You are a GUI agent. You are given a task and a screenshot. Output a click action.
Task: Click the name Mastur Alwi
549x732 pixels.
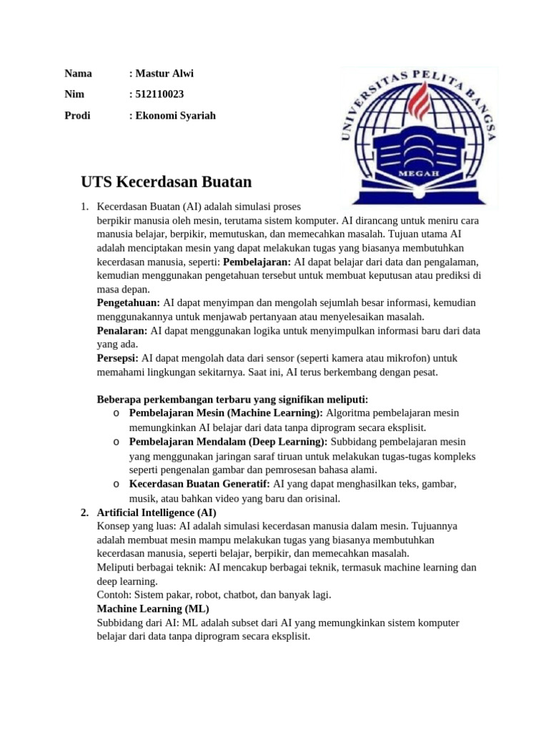pyautogui.click(x=164, y=74)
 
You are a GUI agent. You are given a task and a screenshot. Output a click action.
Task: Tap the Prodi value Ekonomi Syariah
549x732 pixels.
pyautogui.click(x=175, y=115)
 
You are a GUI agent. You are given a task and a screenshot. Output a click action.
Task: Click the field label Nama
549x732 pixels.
pyautogui.click(x=78, y=74)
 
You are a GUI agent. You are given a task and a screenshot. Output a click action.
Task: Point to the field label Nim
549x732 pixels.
pyautogui.click(x=74, y=94)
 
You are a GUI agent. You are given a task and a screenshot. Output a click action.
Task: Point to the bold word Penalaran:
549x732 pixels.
pyautogui.click(x=122, y=331)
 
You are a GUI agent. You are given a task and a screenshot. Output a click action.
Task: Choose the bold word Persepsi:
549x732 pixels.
pyautogui.click(x=118, y=358)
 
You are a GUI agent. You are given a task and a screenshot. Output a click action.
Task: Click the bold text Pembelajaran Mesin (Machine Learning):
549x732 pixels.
pyautogui.click(x=226, y=413)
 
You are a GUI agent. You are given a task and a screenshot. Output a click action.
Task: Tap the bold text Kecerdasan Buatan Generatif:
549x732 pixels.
pyautogui.click(x=199, y=484)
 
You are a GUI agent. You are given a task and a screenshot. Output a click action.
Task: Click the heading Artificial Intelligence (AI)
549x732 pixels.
pyautogui.click(x=156, y=513)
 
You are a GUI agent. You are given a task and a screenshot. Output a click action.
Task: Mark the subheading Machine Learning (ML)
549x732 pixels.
pyautogui.click(x=153, y=608)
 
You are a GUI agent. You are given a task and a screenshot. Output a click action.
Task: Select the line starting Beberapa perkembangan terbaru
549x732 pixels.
pyautogui.click(x=232, y=399)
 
